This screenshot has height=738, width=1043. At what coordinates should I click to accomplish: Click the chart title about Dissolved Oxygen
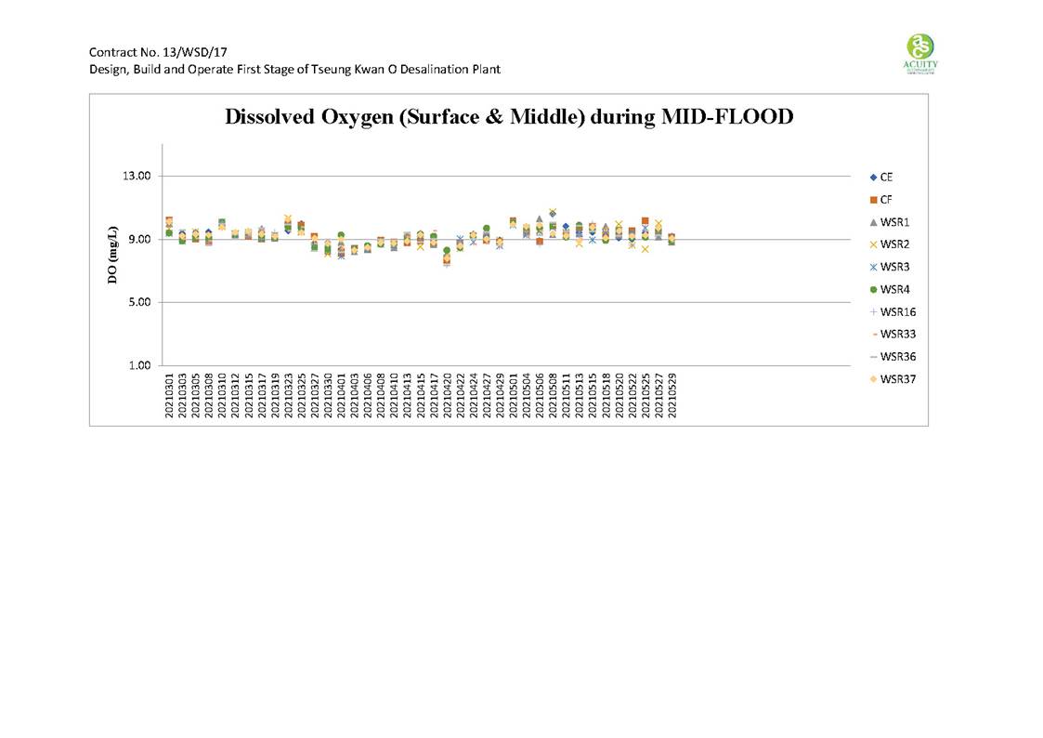click(x=508, y=118)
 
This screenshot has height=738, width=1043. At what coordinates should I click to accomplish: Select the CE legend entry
click(x=887, y=177)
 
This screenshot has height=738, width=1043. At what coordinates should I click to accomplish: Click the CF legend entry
click(x=887, y=199)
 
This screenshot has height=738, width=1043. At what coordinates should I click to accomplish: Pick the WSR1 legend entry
click(x=893, y=222)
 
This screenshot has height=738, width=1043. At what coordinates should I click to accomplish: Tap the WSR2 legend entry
click(x=893, y=244)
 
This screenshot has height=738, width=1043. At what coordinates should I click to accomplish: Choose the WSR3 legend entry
click(x=893, y=267)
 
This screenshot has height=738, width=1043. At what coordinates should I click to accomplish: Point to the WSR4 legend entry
click(x=893, y=289)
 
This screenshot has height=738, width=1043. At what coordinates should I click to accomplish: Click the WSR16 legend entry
click(x=895, y=311)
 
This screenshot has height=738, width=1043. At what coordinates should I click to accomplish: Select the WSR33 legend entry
click(x=895, y=334)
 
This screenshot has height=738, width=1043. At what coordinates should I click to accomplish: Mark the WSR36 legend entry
click(x=895, y=356)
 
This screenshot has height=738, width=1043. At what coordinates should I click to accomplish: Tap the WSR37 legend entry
click(x=895, y=378)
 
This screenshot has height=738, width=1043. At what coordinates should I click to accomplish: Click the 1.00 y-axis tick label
click(x=140, y=365)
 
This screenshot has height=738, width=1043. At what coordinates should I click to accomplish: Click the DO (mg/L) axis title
click(x=113, y=256)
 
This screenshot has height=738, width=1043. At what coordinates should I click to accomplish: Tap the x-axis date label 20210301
click(x=169, y=396)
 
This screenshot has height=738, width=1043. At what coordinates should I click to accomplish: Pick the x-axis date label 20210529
click(x=671, y=396)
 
